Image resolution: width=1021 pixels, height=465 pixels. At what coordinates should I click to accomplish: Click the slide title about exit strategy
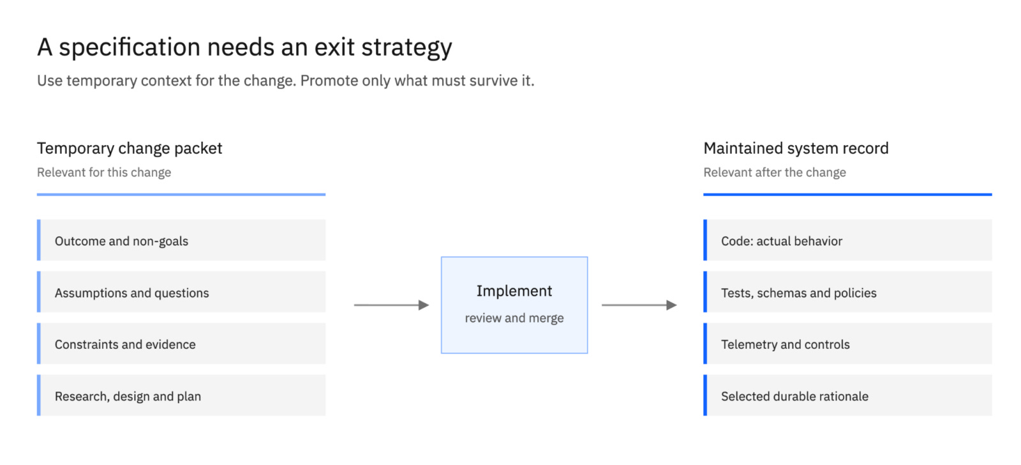(x=244, y=47)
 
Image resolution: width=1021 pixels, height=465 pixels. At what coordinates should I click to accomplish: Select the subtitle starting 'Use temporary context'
(x=285, y=80)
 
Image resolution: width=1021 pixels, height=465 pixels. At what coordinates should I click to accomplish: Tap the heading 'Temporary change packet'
(x=130, y=149)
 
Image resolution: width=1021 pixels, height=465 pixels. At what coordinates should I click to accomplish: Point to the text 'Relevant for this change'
(x=104, y=172)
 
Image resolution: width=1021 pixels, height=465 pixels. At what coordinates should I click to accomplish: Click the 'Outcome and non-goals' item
(x=181, y=240)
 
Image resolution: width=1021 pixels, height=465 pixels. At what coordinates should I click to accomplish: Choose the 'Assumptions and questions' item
(x=181, y=292)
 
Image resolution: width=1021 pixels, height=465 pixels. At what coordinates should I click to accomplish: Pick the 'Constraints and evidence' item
(x=181, y=344)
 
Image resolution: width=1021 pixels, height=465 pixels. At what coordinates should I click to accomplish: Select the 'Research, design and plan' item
(x=181, y=395)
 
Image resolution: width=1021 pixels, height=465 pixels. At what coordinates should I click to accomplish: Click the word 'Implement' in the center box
(x=514, y=291)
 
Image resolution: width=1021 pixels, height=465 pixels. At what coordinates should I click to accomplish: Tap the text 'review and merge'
(x=514, y=317)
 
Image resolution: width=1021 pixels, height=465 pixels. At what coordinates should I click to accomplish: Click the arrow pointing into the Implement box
(x=392, y=305)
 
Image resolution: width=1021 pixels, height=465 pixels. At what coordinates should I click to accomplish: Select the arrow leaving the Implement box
(x=639, y=305)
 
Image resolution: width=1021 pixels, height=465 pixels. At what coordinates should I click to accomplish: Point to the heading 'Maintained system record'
(x=796, y=149)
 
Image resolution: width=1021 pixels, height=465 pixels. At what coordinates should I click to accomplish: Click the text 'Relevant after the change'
(x=775, y=172)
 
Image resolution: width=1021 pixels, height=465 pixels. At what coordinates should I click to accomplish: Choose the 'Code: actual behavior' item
(x=848, y=240)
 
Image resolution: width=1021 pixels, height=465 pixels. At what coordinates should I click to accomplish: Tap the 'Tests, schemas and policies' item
(x=848, y=292)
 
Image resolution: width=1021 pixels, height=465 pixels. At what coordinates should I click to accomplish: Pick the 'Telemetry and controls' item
(x=848, y=344)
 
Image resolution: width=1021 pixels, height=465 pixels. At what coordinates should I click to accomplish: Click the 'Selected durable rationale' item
(x=848, y=395)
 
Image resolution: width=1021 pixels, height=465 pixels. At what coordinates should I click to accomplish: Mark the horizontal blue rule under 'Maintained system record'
(x=848, y=194)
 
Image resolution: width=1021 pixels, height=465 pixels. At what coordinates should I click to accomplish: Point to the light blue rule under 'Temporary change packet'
(x=181, y=194)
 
